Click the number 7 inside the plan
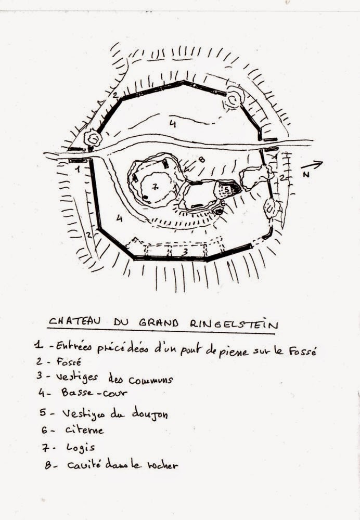click(x=155, y=186)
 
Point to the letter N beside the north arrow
click(x=306, y=175)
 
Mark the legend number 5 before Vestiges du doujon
click(x=43, y=413)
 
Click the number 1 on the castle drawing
click(x=77, y=169)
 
